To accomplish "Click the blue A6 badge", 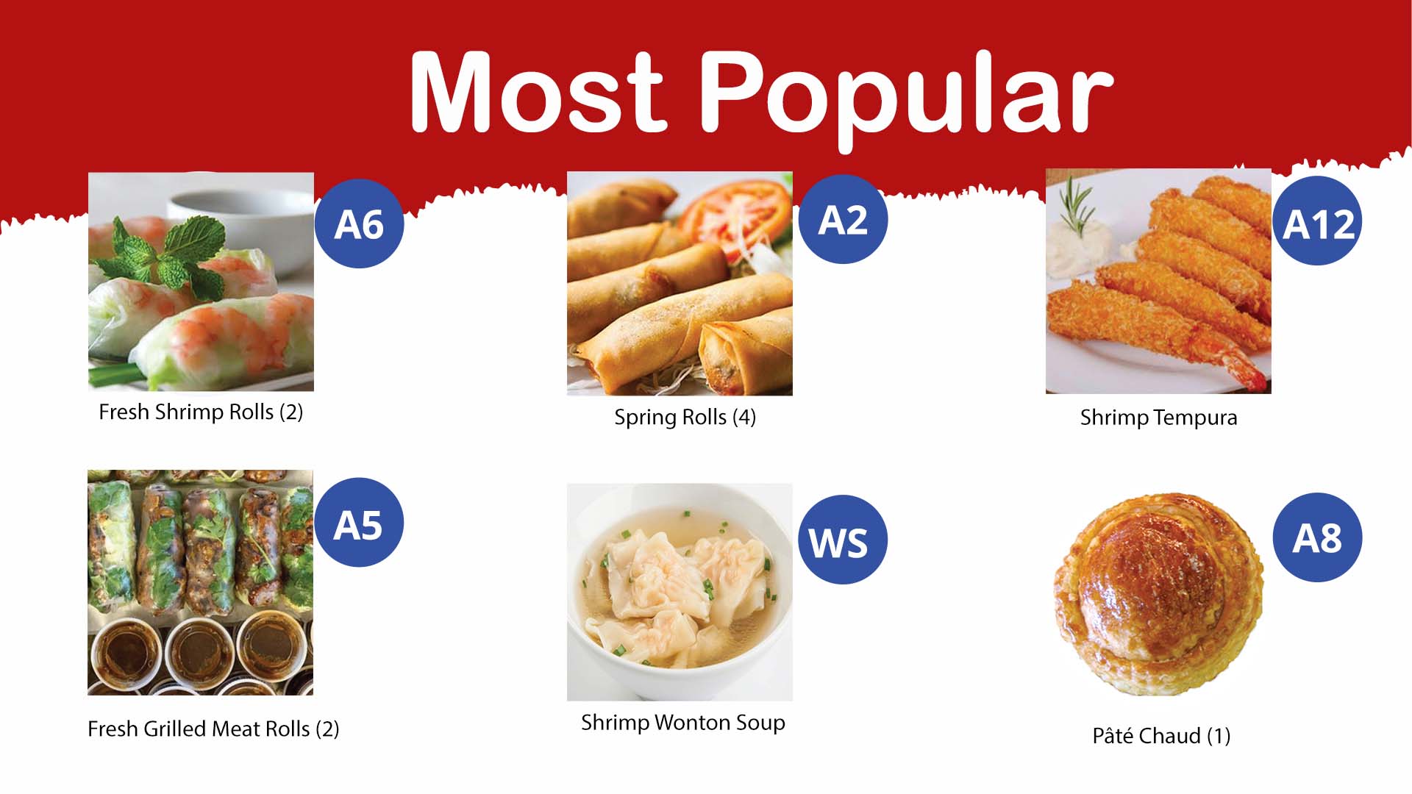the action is pos(359,223).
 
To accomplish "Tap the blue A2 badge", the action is pos(843,219).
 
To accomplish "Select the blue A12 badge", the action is pos(1317,221).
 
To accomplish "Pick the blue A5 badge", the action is pos(358,522).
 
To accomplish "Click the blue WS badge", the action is pos(843,540).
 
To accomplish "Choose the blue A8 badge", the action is pos(1317,537).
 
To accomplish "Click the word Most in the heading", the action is pos(537,93).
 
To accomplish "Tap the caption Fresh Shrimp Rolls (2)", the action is pos(201,412).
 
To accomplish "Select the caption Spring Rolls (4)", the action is pos(685,418).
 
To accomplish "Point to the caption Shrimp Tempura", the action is pos(1158,418).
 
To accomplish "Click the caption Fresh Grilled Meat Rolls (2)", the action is pos(213,729).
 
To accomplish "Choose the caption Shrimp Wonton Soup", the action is pos(683,723).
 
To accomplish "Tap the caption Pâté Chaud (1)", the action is pos(1161,735).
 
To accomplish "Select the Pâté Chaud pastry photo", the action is pos(1158,595).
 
